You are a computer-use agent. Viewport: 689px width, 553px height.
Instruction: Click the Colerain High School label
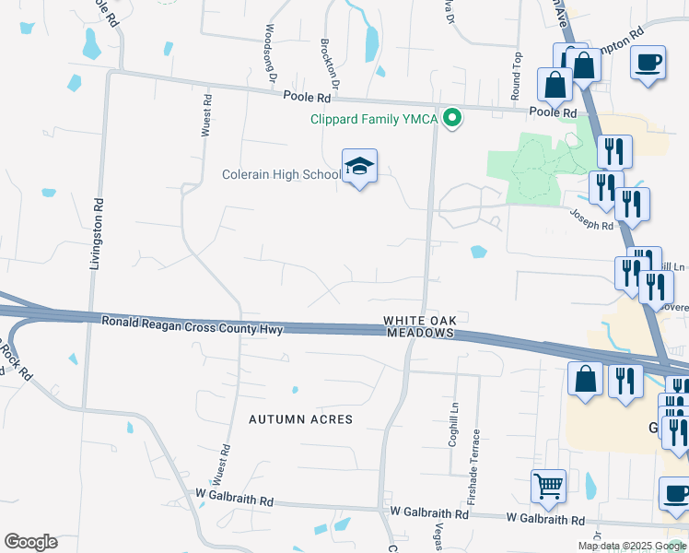[x=281, y=174]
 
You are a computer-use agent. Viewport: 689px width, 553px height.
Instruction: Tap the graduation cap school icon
[x=360, y=167]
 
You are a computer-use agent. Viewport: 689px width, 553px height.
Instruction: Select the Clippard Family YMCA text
[x=374, y=119]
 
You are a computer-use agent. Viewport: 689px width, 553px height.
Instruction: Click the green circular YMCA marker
[x=451, y=118]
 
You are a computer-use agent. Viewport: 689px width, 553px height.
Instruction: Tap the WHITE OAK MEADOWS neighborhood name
[x=420, y=326]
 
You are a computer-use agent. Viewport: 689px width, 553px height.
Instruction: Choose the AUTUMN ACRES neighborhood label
[x=300, y=419]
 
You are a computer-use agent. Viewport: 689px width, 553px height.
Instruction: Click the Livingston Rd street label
[x=95, y=231]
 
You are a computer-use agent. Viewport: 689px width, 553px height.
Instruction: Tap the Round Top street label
[x=517, y=77]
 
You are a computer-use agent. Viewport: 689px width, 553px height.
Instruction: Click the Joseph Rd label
[x=590, y=220]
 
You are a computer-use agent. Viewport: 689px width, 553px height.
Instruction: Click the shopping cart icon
[x=548, y=485]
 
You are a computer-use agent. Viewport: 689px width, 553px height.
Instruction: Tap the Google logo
[x=30, y=542]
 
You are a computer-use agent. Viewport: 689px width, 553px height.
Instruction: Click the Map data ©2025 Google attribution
[x=631, y=546]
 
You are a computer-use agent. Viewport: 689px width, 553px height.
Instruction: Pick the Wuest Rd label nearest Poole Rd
[x=208, y=115]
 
